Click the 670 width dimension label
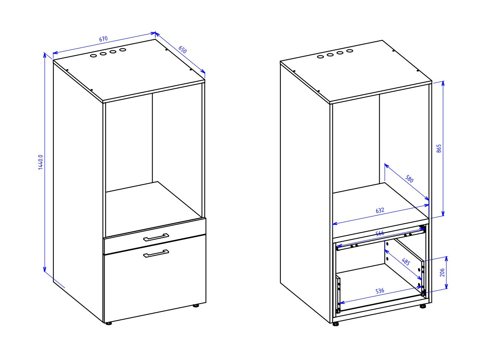103,39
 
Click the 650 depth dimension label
182,49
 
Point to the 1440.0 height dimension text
41,162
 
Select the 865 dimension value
439,148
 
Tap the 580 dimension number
409,178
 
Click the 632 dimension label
380,210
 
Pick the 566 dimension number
380,233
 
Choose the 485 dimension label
406,262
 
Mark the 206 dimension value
442,272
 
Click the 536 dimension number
380,291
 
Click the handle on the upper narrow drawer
156,237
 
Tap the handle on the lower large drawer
156,253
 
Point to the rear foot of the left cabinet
196,306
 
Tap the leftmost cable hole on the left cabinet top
93,56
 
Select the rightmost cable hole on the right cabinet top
350,51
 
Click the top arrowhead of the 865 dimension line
443,83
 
